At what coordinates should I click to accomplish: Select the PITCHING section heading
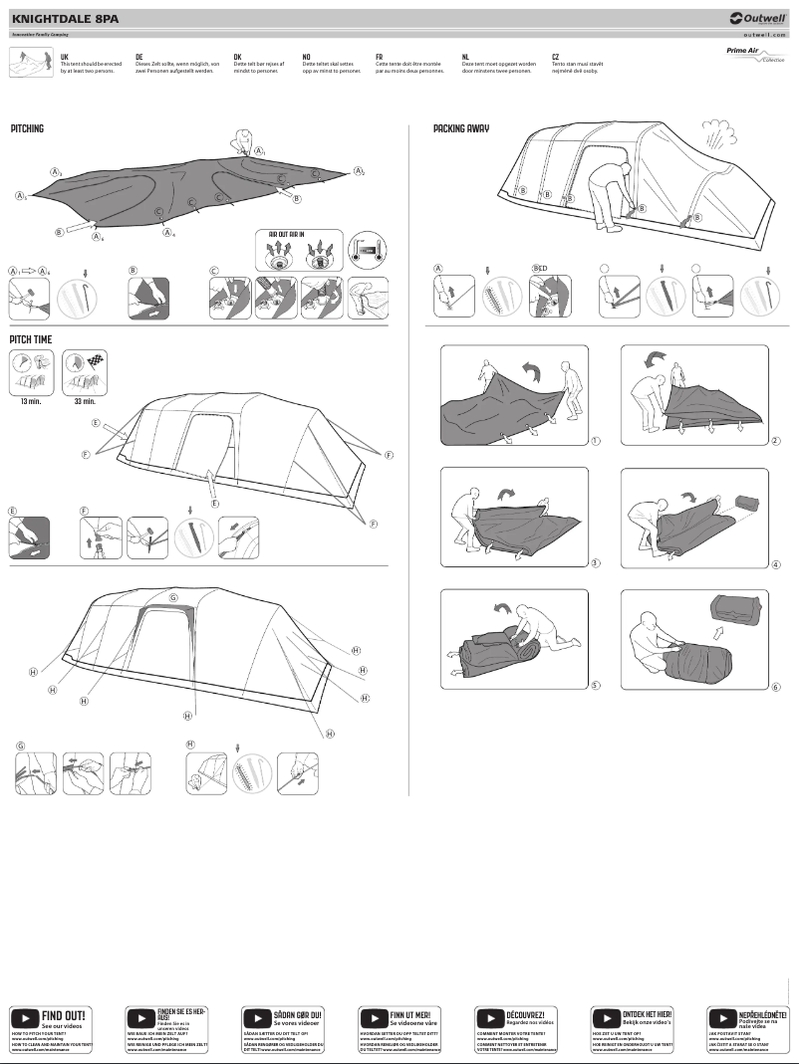tap(27, 129)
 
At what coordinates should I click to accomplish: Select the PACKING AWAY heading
tap(461, 129)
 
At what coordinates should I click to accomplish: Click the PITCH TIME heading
tap(31, 339)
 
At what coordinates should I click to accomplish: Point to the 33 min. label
tap(85, 401)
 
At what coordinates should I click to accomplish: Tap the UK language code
tap(65, 58)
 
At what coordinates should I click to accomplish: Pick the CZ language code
tap(555, 58)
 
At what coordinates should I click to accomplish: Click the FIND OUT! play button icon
tap(24, 1018)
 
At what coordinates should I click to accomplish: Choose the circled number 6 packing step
tap(775, 686)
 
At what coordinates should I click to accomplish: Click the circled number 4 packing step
tap(775, 564)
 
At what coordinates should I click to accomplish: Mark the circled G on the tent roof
tap(172, 598)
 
